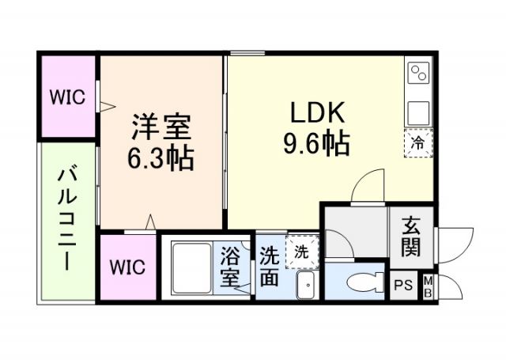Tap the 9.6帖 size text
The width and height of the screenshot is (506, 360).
[316, 142]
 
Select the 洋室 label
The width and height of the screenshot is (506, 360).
[160, 127]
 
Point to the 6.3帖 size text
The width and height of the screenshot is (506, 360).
[160, 157]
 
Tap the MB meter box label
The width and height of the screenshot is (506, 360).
[428, 286]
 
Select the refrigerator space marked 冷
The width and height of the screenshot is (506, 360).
[417, 142]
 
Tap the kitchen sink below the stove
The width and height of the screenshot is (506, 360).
[417, 111]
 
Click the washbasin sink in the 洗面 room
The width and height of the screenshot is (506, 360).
[305, 284]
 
